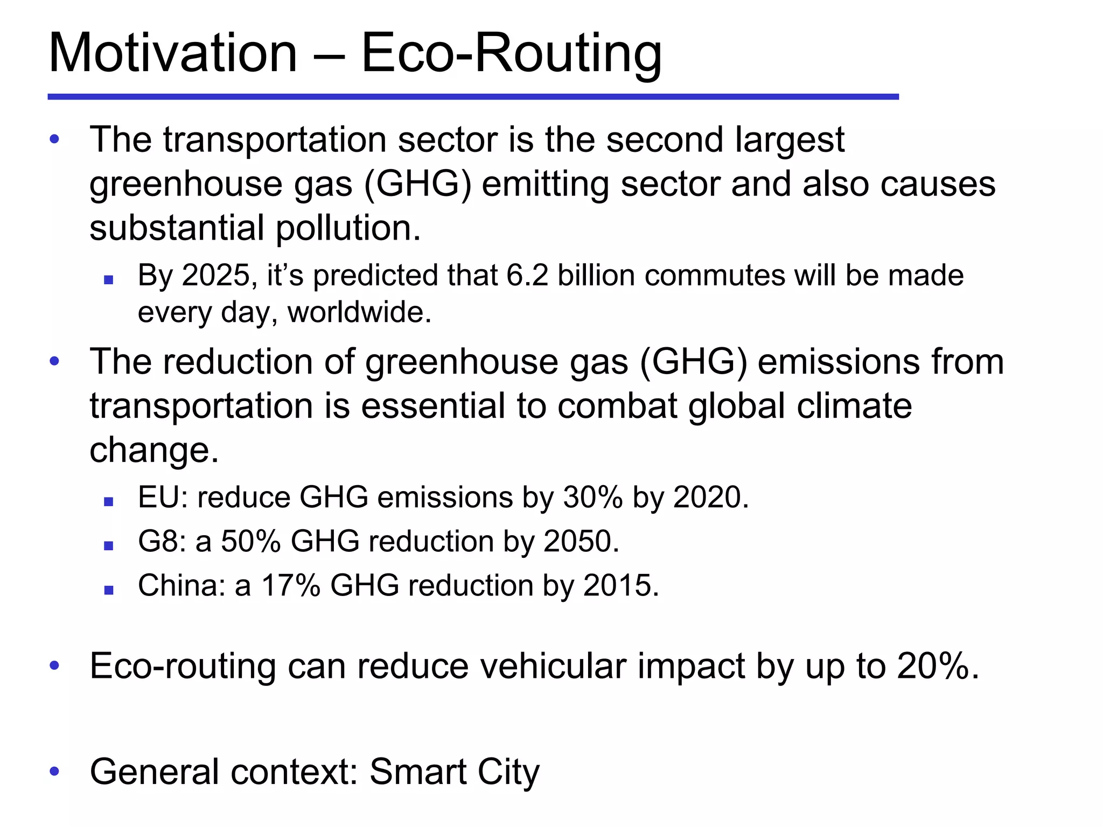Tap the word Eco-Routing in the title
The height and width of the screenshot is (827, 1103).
click(x=511, y=54)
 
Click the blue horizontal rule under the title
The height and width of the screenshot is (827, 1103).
click(x=473, y=97)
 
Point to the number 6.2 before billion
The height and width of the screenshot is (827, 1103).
click(x=527, y=276)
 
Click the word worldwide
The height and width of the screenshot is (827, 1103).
click(x=359, y=312)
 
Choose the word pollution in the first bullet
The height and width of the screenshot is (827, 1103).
click(x=348, y=228)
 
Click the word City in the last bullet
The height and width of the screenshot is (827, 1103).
click(x=508, y=772)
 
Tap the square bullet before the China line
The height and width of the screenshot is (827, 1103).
click(x=109, y=590)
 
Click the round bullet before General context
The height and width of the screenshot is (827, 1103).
click(x=54, y=772)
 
